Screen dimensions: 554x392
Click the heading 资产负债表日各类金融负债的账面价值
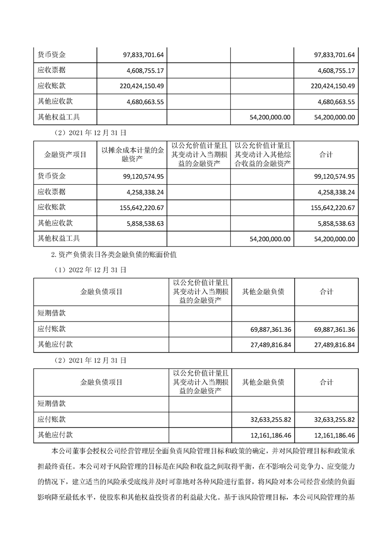(x=118, y=255)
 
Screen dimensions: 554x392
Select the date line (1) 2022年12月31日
(x=90, y=270)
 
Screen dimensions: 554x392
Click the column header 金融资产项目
(x=62, y=155)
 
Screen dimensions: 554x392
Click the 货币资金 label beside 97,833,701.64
(x=52, y=54)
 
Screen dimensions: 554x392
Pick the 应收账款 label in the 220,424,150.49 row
(x=52, y=85)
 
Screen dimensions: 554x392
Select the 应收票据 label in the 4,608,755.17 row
(x=52, y=70)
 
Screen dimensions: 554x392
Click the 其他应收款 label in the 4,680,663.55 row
(x=55, y=101)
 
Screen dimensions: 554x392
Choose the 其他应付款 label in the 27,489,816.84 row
(x=55, y=344)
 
